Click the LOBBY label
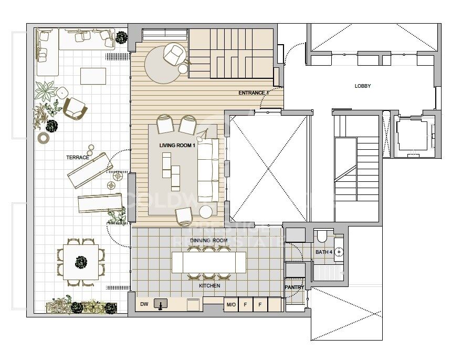click(x=363, y=86)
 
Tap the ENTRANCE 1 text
click(x=254, y=93)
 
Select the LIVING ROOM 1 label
click(x=177, y=145)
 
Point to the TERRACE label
click(x=77, y=157)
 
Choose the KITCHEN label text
click(x=209, y=285)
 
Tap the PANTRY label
click(x=294, y=287)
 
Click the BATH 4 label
click(x=323, y=252)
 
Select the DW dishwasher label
click(x=144, y=304)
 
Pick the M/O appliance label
click(x=230, y=305)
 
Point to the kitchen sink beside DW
click(x=159, y=304)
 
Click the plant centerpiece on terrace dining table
click(x=80, y=261)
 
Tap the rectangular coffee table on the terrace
click(x=93, y=76)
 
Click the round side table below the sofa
click(x=206, y=211)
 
